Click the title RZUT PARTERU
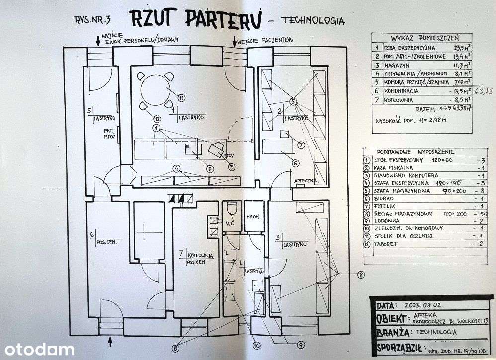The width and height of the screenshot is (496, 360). coord(193,19)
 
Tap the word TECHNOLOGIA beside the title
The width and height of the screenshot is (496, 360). coord(313,20)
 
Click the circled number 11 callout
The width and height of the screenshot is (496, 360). coord(182,97)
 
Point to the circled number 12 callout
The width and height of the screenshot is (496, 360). coord(157,119)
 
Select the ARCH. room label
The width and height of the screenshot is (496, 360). coord(253,217)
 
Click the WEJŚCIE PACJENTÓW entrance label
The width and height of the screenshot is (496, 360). coord(265,40)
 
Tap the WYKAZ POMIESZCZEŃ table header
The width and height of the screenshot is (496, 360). coord(424,37)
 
